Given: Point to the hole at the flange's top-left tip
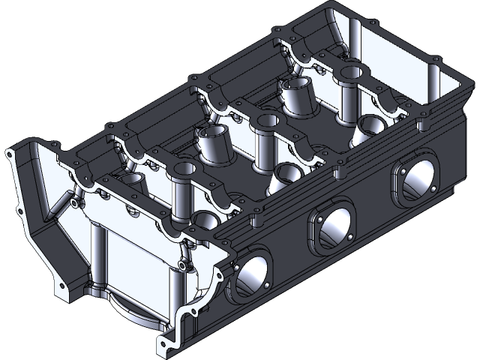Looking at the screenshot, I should [9, 152].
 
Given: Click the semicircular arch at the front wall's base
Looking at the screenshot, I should [139, 311].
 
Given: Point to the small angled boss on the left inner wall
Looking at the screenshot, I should [76, 202].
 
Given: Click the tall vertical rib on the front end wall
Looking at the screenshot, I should [96, 255].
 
